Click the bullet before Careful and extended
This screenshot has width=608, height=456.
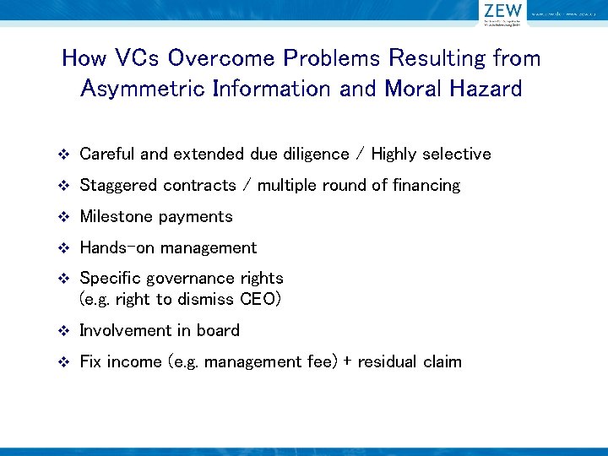(x=63, y=155)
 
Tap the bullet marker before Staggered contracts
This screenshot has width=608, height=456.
(x=63, y=186)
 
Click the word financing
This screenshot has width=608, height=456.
(x=426, y=186)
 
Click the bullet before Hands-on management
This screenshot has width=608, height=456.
(x=63, y=248)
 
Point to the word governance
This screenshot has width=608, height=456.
(x=191, y=279)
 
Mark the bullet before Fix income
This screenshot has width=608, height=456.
(x=63, y=362)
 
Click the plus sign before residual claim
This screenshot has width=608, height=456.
(x=346, y=362)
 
